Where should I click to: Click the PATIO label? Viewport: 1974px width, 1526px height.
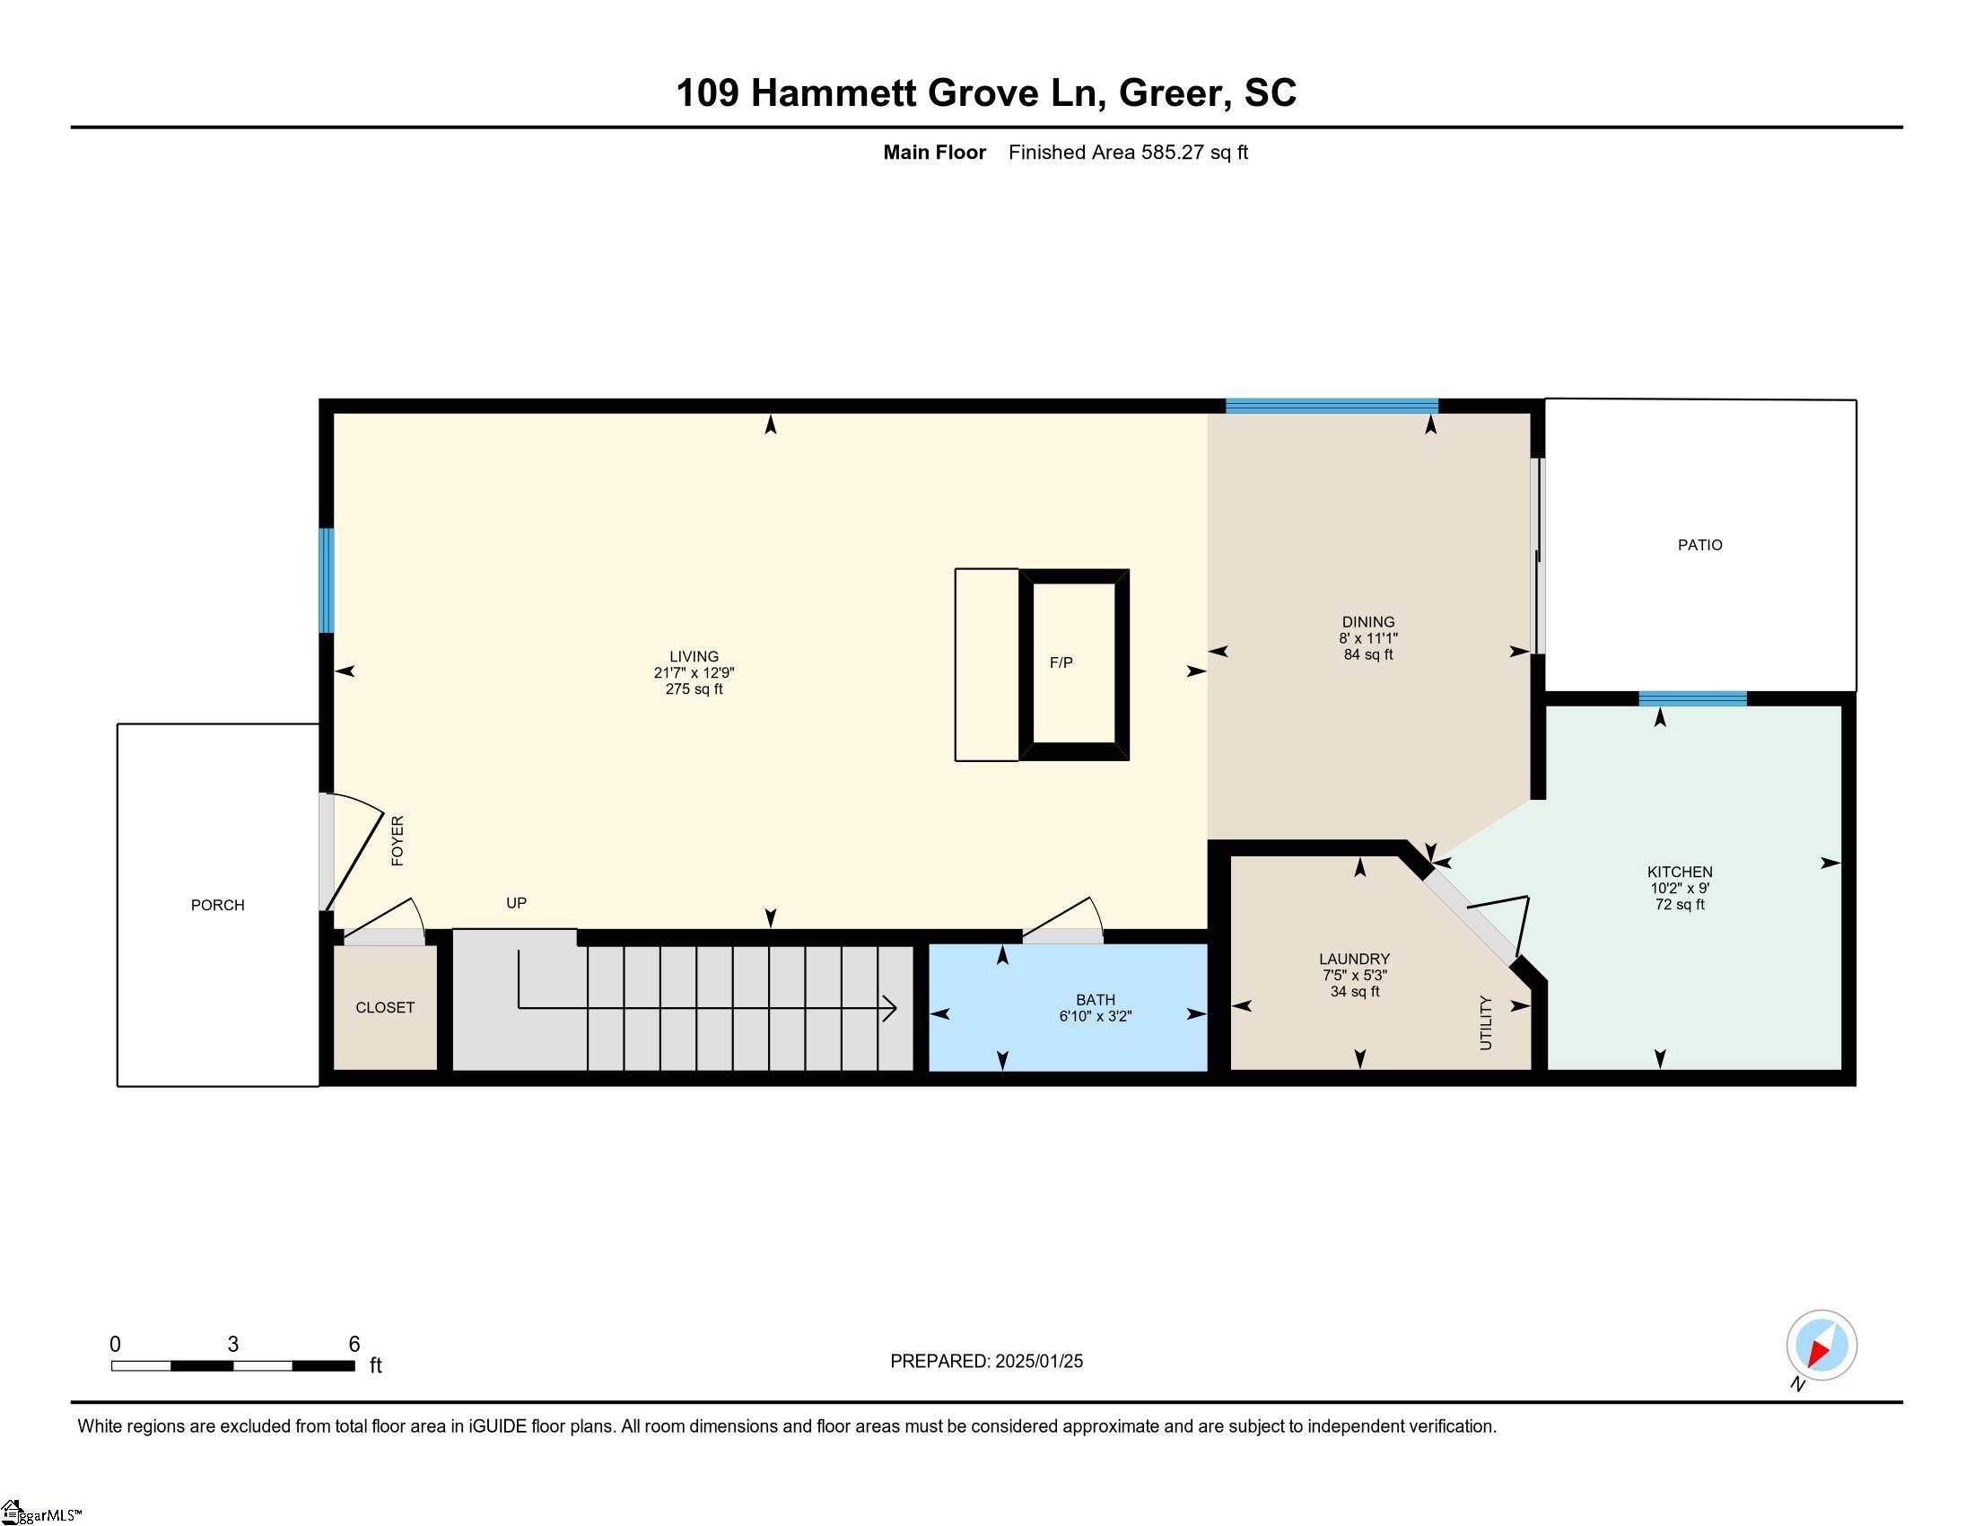pyautogui.click(x=1699, y=545)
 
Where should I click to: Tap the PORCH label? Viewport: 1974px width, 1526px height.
pyautogui.click(x=217, y=905)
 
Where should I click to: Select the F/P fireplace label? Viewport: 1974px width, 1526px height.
pyautogui.click(x=1061, y=662)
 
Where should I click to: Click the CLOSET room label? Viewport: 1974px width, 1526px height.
pyautogui.click(x=385, y=1007)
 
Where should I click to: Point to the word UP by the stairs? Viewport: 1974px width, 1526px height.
pyautogui.click(x=516, y=902)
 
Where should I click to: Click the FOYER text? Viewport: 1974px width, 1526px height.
pyautogui.click(x=397, y=841)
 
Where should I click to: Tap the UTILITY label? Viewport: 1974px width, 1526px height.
pyautogui.click(x=1486, y=1022)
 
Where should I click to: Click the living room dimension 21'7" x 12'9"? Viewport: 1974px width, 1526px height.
pyautogui.click(x=694, y=672)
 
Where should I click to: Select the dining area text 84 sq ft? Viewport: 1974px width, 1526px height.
pyautogui.click(x=1368, y=654)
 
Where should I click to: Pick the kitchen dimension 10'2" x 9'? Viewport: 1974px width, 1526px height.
pyautogui.click(x=1680, y=888)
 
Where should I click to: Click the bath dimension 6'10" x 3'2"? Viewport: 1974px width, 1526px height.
pyautogui.click(x=1096, y=1016)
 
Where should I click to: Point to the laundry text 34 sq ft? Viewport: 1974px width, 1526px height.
pyautogui.click(x=1354, y=992)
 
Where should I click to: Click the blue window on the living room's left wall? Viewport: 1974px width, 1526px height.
pyautogui.click(x=327, y=581)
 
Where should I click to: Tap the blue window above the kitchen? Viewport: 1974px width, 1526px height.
pyautogui.click(x=1692, y=697)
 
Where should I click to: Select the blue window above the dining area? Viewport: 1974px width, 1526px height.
pyautogui.click(x=1332, y=406)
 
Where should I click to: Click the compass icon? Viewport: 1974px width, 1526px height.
pyautogui.click(x=1821, y=1346)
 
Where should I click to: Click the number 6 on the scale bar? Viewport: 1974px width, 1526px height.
pyautogui.click(x=354, y=1345)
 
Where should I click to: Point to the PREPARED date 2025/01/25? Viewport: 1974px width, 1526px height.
pyautogui.click(x=1038, y=1362)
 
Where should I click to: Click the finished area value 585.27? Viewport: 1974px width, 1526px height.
pyautogui.click(x=1173, y=152)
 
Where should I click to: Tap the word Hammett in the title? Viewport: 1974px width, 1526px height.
pyautogui.click(x=834, y=93)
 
